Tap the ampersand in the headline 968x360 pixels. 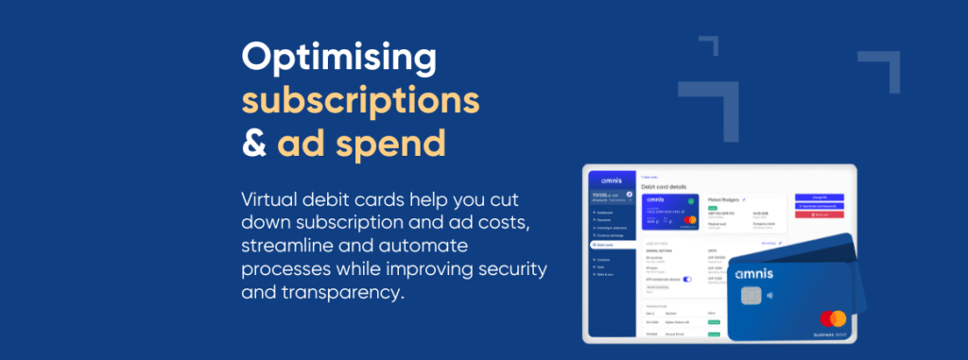pos(254,143)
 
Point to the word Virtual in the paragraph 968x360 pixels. pos(270,200)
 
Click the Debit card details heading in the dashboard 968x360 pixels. pos(669,187)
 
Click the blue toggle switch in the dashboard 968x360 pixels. pos(687,280)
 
